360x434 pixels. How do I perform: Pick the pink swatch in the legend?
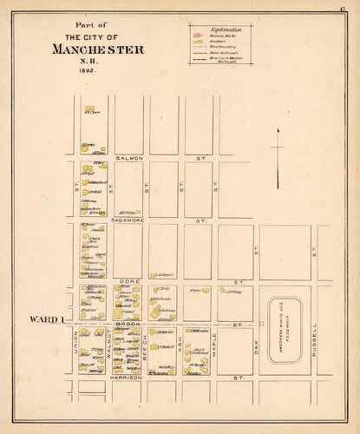(x=198, y=36)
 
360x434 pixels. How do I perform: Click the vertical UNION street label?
(x=76, y=345)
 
